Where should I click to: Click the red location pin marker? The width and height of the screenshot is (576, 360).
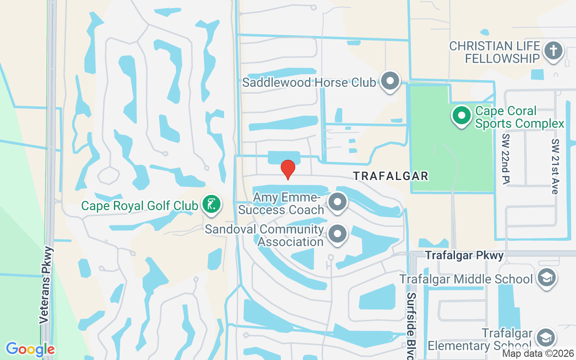pyautogui.click(x=288, y=169)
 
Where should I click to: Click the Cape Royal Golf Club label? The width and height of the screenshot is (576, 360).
pyautogui.click(x=139, y=206)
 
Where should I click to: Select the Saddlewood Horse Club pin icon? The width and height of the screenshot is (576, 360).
pyautogui.click(x=390, y=81)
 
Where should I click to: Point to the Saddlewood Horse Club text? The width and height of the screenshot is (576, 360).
pyautogui.click(x=309, y=83)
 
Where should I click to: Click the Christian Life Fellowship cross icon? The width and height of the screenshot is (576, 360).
pyautogui.click(x=553, y=50)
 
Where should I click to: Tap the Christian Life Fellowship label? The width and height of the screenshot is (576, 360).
pyautogui.click(x=495, y=52)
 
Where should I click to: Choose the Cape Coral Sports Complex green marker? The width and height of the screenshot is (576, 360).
pyautogui.click(x=461, y=116)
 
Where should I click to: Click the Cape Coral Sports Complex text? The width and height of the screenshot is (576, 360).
pyautogui.click(x=519, y=117)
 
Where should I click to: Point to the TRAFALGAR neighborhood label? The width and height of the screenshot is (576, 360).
pyautogui.click(x=391, y=176)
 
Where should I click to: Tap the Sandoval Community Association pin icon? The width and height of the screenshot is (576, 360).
pyautogui.click(x=337, y=234)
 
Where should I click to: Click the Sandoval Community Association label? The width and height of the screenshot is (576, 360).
pyautogui.click(x=265, y=236)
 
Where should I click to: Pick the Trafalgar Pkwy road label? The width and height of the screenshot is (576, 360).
pyautogui.click(x=464, y=256)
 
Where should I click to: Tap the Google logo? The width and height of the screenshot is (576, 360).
pyautogui.click(x=30, y=349)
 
